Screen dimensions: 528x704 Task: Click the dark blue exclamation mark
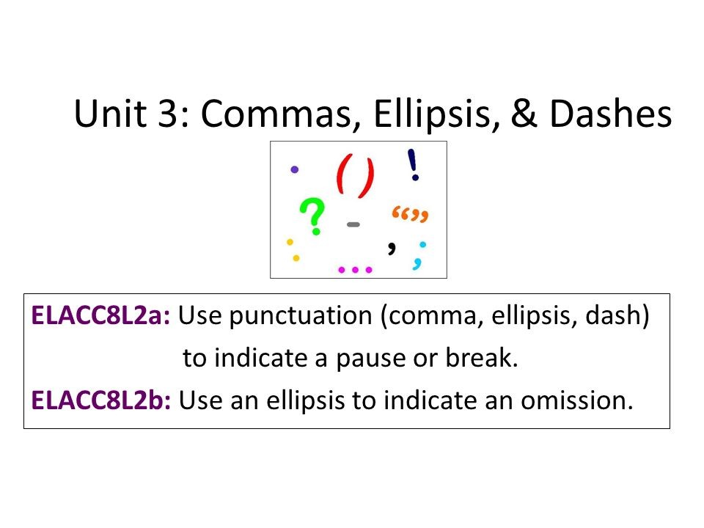pyautogui.click(x=414, y=165)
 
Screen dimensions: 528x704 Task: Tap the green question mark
pyautogui.click(x=313, y=217)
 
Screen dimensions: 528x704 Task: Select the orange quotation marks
pyautogui.click(x=409, y=215)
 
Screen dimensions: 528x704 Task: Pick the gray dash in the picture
pyautogui.click(x=353, y=224)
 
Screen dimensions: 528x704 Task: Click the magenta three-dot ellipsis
pyautogui.click(x=356, y=269)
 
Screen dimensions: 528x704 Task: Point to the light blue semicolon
pyautogui.click(x=420, y=254)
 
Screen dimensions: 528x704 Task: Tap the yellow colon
pyautogui.click(x=293, y=249)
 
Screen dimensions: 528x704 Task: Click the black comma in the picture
pyautogui.click(x=392, y=246)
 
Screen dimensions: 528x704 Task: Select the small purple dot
pyautogui.click(x=295, y=169)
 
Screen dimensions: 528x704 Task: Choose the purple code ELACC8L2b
pyautogui.click(x=101, y=401)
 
